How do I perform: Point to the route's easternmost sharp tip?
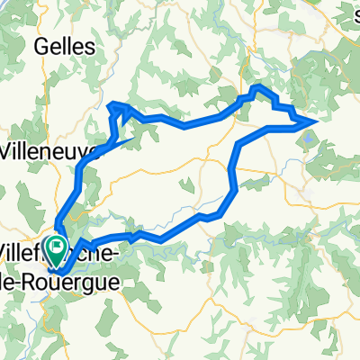(x=316, y=120)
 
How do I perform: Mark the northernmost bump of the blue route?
(x=258, y=87)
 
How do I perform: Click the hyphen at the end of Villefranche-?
(x=111, y=256)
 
